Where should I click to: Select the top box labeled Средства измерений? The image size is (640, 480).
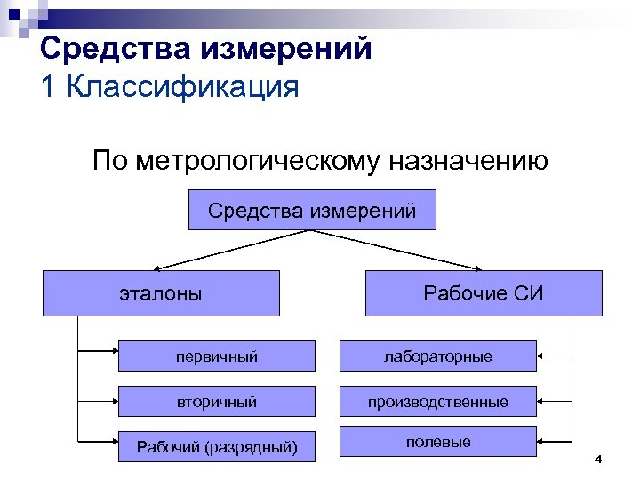312,211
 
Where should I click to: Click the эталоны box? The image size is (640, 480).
161,293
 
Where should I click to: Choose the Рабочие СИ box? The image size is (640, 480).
483,293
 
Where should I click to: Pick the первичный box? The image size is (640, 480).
216,356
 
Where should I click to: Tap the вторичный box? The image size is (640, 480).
216,402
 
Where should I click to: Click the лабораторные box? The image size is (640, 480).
437,356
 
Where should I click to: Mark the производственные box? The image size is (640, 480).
437,402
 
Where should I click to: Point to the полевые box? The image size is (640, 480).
437,442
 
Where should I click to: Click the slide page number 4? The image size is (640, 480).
597,460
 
